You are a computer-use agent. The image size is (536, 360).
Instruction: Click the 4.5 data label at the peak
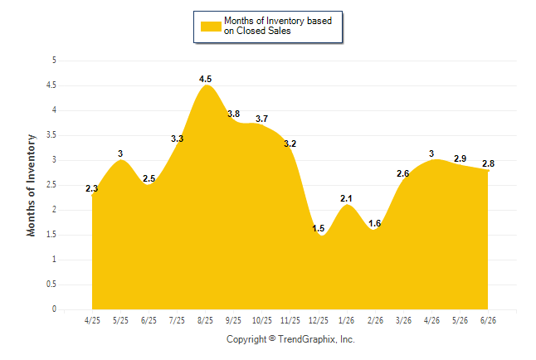(x=205, y=79)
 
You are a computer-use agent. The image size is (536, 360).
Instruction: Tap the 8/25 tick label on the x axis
(x=205, y=320)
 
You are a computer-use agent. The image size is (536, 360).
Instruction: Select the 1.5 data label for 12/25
(x=318, y=228)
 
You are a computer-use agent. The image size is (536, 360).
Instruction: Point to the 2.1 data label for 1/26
(x=346, y=198)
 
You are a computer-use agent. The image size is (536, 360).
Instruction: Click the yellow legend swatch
(x=211, y=27)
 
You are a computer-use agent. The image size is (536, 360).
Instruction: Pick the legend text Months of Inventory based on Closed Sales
(x=278, y=26)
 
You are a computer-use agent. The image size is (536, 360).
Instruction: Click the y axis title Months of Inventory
(x=31, y=185)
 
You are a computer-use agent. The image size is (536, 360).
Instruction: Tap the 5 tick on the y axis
(x=54, y=61)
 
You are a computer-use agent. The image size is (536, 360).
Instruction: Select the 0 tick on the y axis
(x=54, y=309)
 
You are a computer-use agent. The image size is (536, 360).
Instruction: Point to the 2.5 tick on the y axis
(x=51, y=185)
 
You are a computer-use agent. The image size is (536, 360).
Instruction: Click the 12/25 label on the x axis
(x=319, y=320)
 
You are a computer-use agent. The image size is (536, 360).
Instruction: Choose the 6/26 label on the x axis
(x=488, y=320)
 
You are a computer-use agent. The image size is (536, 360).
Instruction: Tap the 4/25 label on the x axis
(x=92, y=320)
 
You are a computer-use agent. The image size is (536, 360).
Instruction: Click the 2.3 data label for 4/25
(x=91, y=188)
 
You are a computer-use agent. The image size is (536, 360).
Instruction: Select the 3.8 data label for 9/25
(x=233, y=114)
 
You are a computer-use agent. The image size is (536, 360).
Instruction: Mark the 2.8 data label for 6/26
(x=488, y=163)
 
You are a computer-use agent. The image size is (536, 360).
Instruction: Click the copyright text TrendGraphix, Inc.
(x=316, y=339)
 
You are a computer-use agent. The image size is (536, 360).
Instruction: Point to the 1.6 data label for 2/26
(x=375, y=223)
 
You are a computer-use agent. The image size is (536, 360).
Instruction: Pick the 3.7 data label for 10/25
(x=262, y=119)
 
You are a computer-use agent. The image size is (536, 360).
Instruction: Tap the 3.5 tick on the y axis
(x=51, y=135)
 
